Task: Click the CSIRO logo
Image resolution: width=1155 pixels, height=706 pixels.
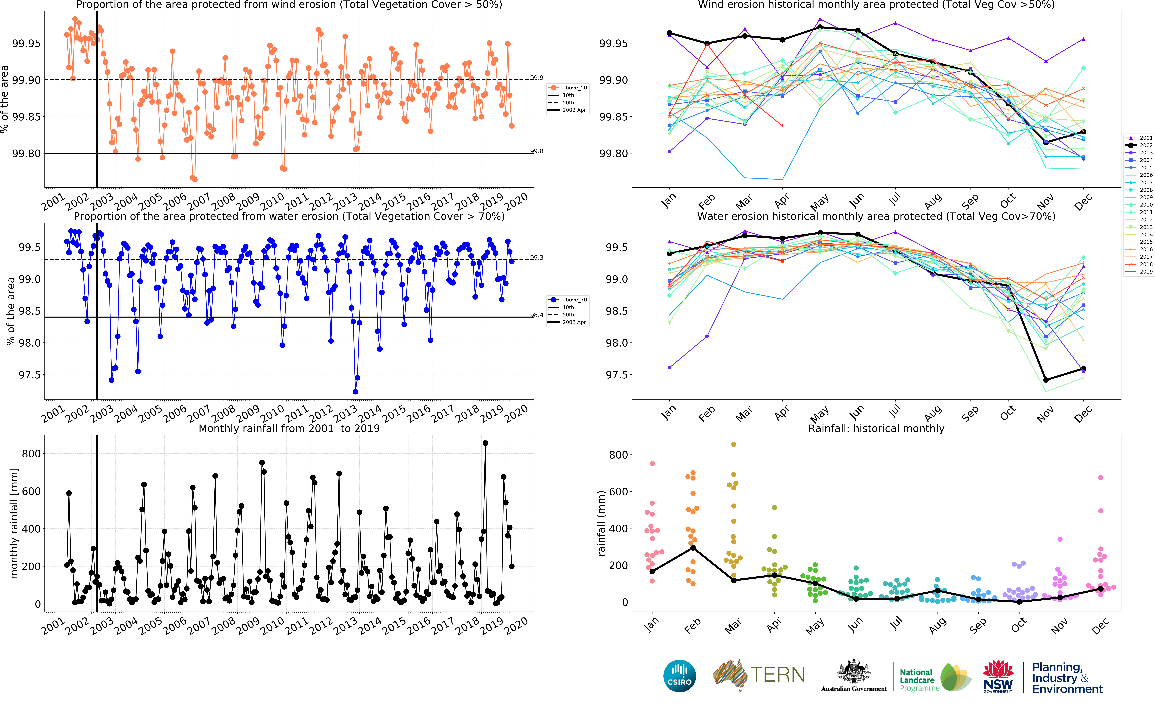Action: (x=679, y=676)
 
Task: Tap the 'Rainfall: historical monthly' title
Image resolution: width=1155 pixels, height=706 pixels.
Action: (x=876, y=428)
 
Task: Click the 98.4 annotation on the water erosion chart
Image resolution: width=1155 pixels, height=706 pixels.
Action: (x=537, y=315)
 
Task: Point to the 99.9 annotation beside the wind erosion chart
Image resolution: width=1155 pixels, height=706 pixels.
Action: (x=537, y=78)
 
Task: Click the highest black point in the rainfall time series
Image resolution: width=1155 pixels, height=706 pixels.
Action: (x=485, y=443)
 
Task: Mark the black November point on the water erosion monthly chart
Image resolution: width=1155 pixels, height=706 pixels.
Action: (x=1046, y=380)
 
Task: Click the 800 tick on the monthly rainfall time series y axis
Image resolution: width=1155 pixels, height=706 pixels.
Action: (x=31, y=454)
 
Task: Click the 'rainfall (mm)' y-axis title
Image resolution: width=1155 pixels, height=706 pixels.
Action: (x=601, y=523)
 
